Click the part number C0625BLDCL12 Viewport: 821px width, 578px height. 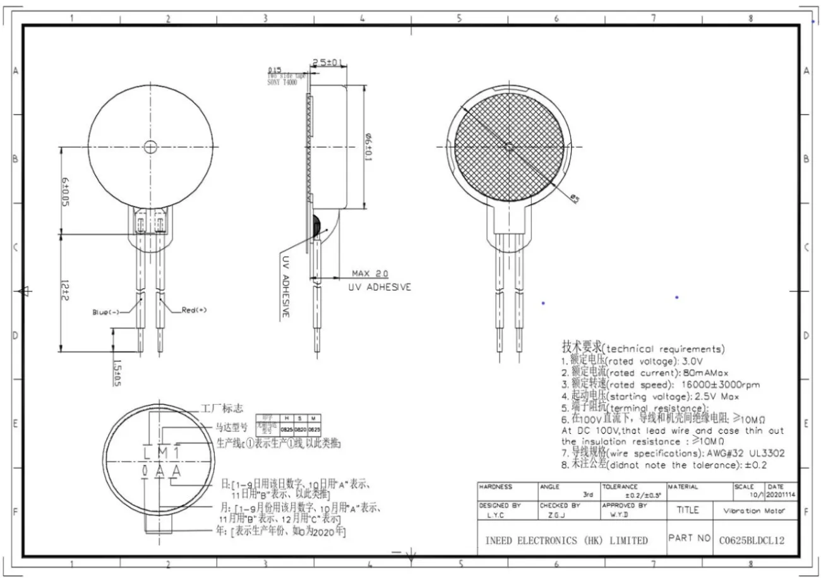(752, 540)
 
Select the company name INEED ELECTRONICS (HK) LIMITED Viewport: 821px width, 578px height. (566, 541)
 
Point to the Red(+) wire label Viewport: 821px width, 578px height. (194, 310)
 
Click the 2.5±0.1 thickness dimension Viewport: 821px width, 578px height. (328, 63)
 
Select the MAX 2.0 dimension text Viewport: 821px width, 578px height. (369, 274)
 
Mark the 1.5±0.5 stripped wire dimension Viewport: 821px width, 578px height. (117, 373)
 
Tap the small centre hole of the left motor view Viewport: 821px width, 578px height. (150, 147)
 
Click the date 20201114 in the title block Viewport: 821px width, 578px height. (781, 495)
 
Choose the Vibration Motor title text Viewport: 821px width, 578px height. (752, 511)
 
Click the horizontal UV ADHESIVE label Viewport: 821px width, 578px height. (380, 287)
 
